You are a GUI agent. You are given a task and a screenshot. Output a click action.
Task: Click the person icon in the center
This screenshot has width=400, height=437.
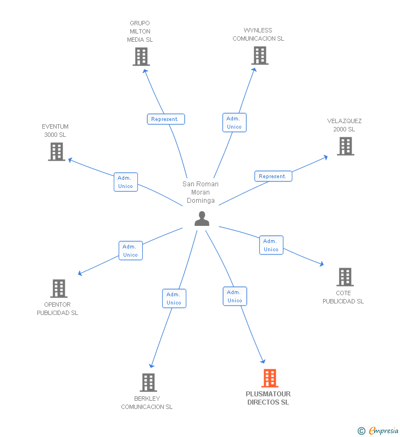click(202, 219)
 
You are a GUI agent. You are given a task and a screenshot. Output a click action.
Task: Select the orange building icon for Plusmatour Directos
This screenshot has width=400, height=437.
click(269, 378)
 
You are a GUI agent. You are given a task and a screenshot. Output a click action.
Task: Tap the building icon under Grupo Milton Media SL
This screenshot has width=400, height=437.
click(141, 57)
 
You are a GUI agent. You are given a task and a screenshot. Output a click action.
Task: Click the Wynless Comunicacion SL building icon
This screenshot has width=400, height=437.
click(260, 56)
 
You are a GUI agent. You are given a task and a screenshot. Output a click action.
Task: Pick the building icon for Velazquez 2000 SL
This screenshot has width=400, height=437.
click(346, 146)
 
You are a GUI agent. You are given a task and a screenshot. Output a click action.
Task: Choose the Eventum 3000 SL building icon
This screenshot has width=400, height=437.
click(57, 152)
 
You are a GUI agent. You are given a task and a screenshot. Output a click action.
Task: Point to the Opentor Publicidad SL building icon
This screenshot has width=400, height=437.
click(59, 289)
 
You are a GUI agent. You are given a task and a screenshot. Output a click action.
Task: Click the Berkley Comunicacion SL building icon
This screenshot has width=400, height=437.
click(148, 383)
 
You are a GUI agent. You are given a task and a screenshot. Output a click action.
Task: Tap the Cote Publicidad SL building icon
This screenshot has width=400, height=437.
click(345, 277)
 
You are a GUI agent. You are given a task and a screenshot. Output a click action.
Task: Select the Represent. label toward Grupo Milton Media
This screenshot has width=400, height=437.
click(166, 119)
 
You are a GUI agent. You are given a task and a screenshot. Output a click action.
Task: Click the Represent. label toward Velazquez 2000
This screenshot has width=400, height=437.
click(273, 176)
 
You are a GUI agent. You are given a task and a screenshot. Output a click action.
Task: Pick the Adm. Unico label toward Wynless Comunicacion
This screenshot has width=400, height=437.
click(235, 123)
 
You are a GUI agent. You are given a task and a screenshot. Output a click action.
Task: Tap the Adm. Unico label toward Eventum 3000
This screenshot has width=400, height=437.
click(126, 182)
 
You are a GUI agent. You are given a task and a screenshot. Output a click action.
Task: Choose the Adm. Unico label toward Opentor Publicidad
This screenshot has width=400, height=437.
click(131, 251)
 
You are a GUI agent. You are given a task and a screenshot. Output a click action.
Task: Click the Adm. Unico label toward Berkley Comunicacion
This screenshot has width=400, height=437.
click(174, 298)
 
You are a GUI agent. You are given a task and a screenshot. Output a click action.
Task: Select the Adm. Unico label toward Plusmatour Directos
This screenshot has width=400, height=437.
click(235, 296)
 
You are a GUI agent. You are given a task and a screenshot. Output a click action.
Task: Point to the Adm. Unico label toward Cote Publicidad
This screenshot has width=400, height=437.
click(271, 245)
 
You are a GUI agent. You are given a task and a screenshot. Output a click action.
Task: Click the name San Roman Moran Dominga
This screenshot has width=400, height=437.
click(201, 192)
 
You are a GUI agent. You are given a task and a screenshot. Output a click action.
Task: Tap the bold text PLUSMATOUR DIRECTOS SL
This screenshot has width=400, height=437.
click(268, 398)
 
